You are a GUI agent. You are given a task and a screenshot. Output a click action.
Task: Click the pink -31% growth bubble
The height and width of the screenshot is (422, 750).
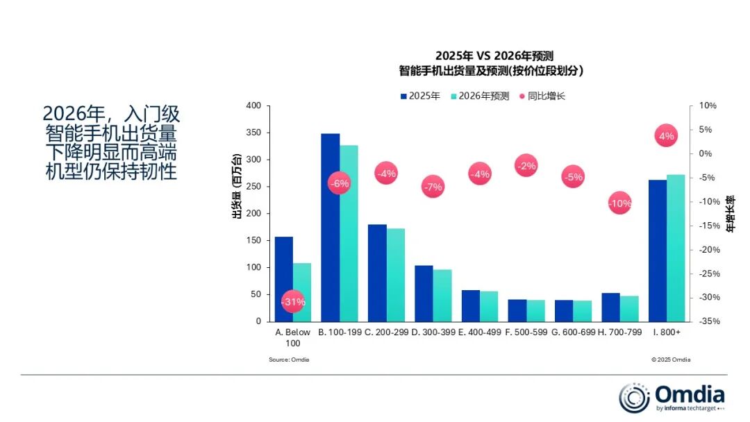coord(293,302)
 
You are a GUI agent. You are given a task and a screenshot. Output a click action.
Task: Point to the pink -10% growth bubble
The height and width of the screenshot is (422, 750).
coord(619,203)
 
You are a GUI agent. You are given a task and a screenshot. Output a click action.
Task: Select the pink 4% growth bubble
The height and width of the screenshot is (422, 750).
coord(666,136)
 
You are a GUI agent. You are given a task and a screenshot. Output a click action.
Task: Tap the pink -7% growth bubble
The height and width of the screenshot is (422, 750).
coord(433,187)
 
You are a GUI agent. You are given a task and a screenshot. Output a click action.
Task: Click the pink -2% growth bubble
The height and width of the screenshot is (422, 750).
coord(526,166)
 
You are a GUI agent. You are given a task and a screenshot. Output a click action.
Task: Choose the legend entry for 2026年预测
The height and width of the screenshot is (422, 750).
coord(480,96)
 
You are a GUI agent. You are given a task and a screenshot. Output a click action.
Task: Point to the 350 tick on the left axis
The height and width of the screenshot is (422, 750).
coord(253,133)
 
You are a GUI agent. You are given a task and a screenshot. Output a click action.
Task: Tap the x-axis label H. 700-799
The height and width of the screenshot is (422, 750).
coord(619,332)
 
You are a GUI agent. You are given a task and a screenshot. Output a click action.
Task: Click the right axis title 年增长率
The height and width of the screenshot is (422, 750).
coord(729,214)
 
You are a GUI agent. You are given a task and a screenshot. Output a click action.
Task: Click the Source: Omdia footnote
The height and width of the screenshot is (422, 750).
coord(289,360)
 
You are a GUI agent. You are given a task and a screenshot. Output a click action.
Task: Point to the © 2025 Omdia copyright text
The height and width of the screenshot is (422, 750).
coord(671,360)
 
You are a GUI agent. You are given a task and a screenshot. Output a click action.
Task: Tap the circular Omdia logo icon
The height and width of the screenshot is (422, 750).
coord(634,398)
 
